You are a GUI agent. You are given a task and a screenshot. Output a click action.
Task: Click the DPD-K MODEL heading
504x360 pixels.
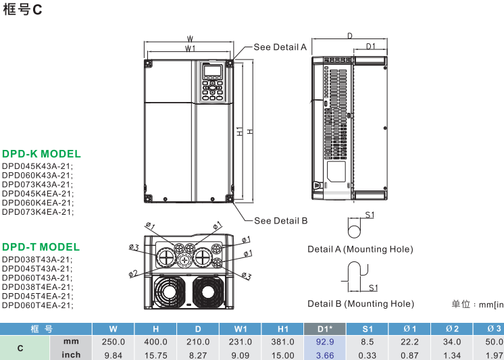pyautogui.click(x=41, y=154)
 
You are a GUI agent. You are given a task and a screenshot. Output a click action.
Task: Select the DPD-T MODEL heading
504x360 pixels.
pyautogui.click(x=41, y=247)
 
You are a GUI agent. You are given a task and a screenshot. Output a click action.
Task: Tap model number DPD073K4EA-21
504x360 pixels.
pyautogui.click(x=37, y=212)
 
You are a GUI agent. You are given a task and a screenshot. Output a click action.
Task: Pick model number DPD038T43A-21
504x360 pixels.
pyautogui.click(x=37, y=259)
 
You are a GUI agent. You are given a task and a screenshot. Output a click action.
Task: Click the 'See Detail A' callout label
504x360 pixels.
pyautogui.click(x=280, y=47)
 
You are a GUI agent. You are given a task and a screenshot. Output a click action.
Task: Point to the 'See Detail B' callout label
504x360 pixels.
pyautogui.click(x=280, y=221)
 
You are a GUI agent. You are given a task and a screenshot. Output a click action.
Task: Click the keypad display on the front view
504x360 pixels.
pyautogui.click(x=212, y=72)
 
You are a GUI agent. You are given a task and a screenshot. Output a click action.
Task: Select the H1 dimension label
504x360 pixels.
pyautogui.click(x=240, y=131)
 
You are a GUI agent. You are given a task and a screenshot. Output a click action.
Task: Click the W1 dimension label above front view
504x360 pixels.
pyautogui.click(x=190, y=49)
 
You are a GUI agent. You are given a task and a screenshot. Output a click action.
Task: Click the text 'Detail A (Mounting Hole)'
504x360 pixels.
pyautogui.click(x=360, y=249)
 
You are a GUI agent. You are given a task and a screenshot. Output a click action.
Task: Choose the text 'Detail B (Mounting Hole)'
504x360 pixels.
pyautogui.click(x=360, y=304)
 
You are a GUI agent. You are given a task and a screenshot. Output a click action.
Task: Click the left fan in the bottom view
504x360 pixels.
pyautogui.click(x=167, y=291)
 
